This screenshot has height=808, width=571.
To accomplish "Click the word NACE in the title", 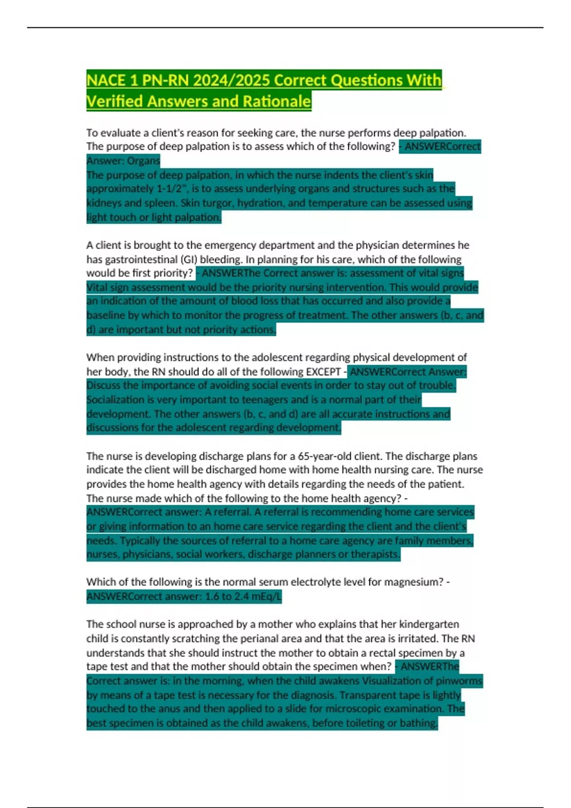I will coord(106,80).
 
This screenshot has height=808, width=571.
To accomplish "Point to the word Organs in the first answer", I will coord(144,161).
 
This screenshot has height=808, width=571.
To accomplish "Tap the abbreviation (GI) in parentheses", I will coord(189,260).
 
